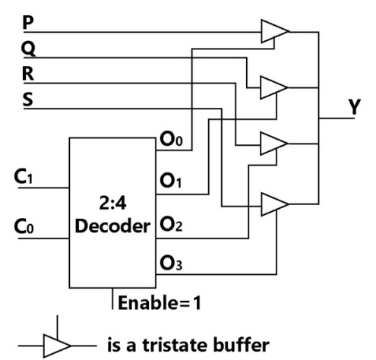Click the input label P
pyautogui.click(x=28, y=22)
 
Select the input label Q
pyautogui.click(x=28, y=49)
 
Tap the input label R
pyautogui.click(x=28, y=74)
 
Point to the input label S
pyautogui.click(x=28, y=99)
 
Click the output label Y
pyautogui.click(x=354, y=106)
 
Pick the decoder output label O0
pyautogui.click(x=171, y=139)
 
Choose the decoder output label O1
pyautogui.click(x=171, y=181)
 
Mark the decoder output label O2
pyautogui.click(x=171, y=224)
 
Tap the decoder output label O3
pyautogui.click(x=171, y=264)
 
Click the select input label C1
pyautogui.click(x=24, y=176)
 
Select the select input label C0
pyautogui.click(x=24, y=226)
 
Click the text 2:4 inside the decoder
pyautogui.click(x=112, y=203)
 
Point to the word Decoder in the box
pyautogui.click(x=112, y=226)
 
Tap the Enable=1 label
pyautogui.click(x=160, y=302)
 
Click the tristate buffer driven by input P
pyautogui.click(x=275, y=31)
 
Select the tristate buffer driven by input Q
pyautogui.click(x=274, y=87)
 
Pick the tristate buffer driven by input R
pyautogui.click(x=274, y=144)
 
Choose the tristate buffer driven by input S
pyautogui.click(x=275, y=204)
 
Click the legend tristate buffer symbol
pyautogui.click(x=57, y=346)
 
